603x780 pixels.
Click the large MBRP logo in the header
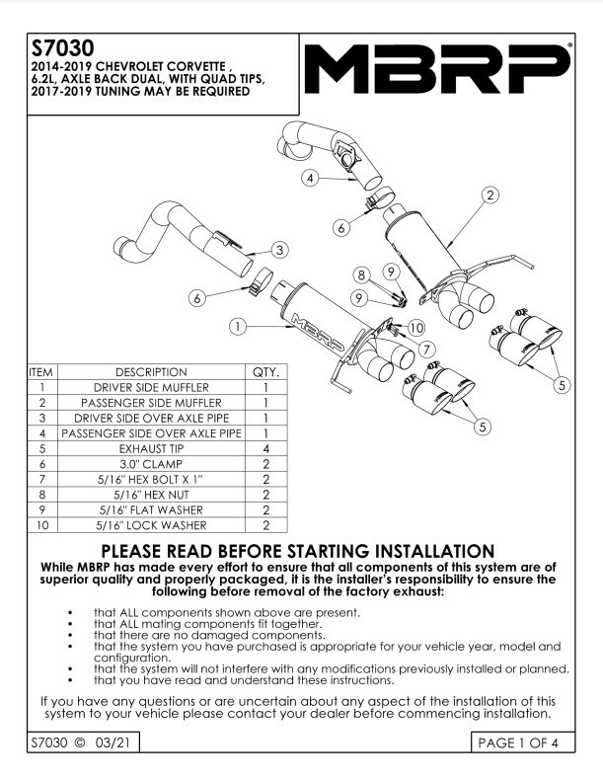coord(436,71)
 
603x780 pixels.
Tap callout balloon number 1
coord(238,324)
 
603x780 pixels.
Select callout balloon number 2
coord(489,196)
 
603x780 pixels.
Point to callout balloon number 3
coord(280,250)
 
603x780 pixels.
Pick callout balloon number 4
coord(310,179)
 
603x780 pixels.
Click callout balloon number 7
coord(425,348)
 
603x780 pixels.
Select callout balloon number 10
coord(415,327)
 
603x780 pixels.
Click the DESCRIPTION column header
coord(151,372)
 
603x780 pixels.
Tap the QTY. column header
coord(266,372)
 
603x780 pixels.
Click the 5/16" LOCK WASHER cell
coord(151,526)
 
